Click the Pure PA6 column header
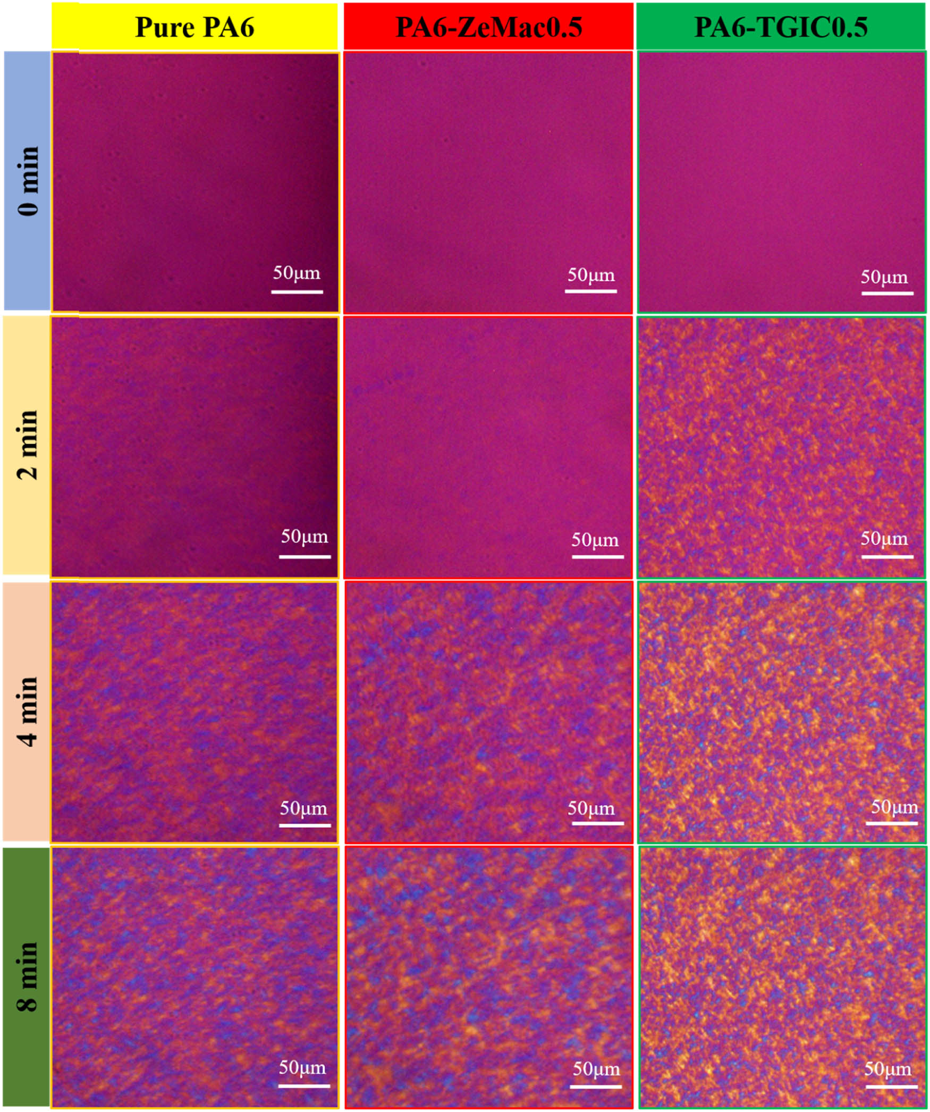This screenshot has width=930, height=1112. click(195, 27)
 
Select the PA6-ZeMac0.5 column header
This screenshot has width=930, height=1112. click(488, 27)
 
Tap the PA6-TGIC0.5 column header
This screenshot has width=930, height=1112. click(781, 27)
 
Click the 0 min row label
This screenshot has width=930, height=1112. click(28, 180)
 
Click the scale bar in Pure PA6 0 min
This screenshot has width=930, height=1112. click(297, 291)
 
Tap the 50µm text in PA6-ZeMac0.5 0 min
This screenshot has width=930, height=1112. click(590, 275)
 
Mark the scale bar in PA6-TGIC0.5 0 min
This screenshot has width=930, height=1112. click(887, 293)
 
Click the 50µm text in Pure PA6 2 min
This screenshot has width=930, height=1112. click(305, 536)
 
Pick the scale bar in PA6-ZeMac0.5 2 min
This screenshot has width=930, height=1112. click(597, 557)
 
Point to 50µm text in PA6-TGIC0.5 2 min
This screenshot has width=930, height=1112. click(884, 538)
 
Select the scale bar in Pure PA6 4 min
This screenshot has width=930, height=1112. click(305, 825)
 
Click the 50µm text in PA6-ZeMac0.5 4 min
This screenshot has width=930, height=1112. click(590, 808)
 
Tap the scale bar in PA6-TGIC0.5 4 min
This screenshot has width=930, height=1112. click(891, 823)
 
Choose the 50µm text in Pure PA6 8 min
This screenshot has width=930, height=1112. click(302, 1067)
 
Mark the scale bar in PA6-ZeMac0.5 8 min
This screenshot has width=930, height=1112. click(596, 1086)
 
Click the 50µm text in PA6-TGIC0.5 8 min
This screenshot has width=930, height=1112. click(887, 1068)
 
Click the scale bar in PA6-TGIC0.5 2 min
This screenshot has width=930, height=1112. click(887, 557)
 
